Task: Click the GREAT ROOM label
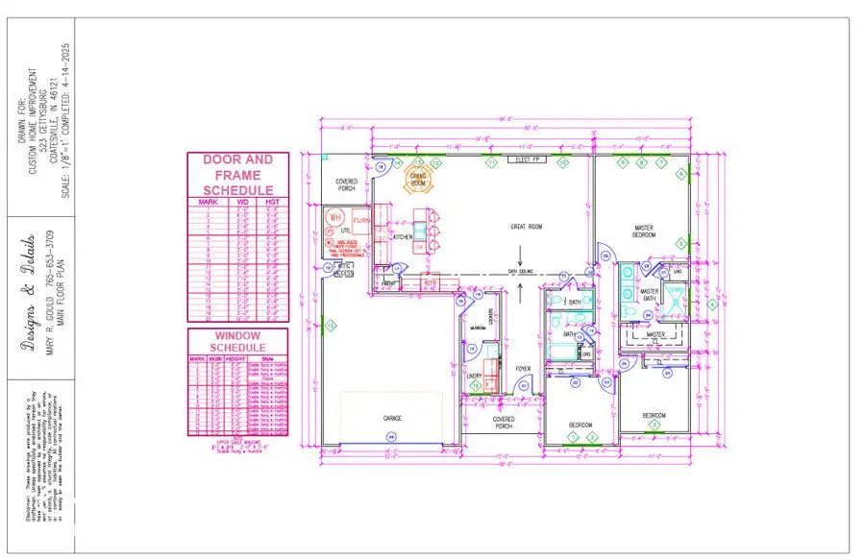click(x=526, y=227)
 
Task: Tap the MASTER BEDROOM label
click(x=644, y=231)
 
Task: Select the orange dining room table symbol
click(x=418, y=179)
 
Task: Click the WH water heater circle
click(x=335, y=218)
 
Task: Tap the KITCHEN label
click(x=403, y=236)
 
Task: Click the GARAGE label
click(x=391, y=419)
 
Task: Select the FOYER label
click(x=523, y=369)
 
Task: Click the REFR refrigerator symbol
click(x=430, y=282)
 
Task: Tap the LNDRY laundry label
click(x=475, y=377)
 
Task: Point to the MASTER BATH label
click(x=650, y=295)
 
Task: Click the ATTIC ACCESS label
click(x=344, y=273)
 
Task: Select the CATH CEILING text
click(x=521, y=271)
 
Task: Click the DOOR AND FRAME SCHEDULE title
click(x=237, y=175)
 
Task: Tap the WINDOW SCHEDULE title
click(x=237, y=340)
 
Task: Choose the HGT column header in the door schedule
click(x=272, y=202)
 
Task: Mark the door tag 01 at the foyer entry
click(x=524, y=387)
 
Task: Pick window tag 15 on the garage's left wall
click(x=330, y=326)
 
